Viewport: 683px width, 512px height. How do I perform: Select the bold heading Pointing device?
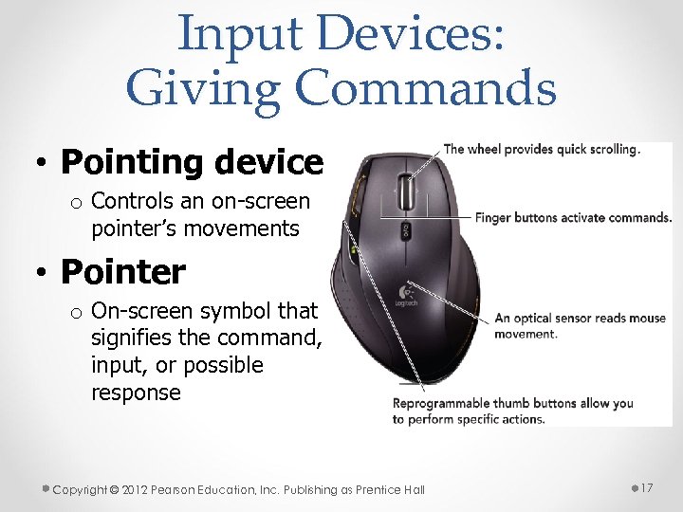(x=192, y=162)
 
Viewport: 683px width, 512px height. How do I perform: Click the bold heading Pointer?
(x=123, y=272)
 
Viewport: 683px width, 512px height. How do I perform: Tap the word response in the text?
(x=136, y=393)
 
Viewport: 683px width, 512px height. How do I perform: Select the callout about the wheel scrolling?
(x=542, y=149)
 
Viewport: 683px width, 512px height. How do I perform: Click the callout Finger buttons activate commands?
(x=573, y=218)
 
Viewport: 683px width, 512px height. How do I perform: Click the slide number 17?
(x=647, y=487)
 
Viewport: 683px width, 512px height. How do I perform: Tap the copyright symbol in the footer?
(x=114, y=490)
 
